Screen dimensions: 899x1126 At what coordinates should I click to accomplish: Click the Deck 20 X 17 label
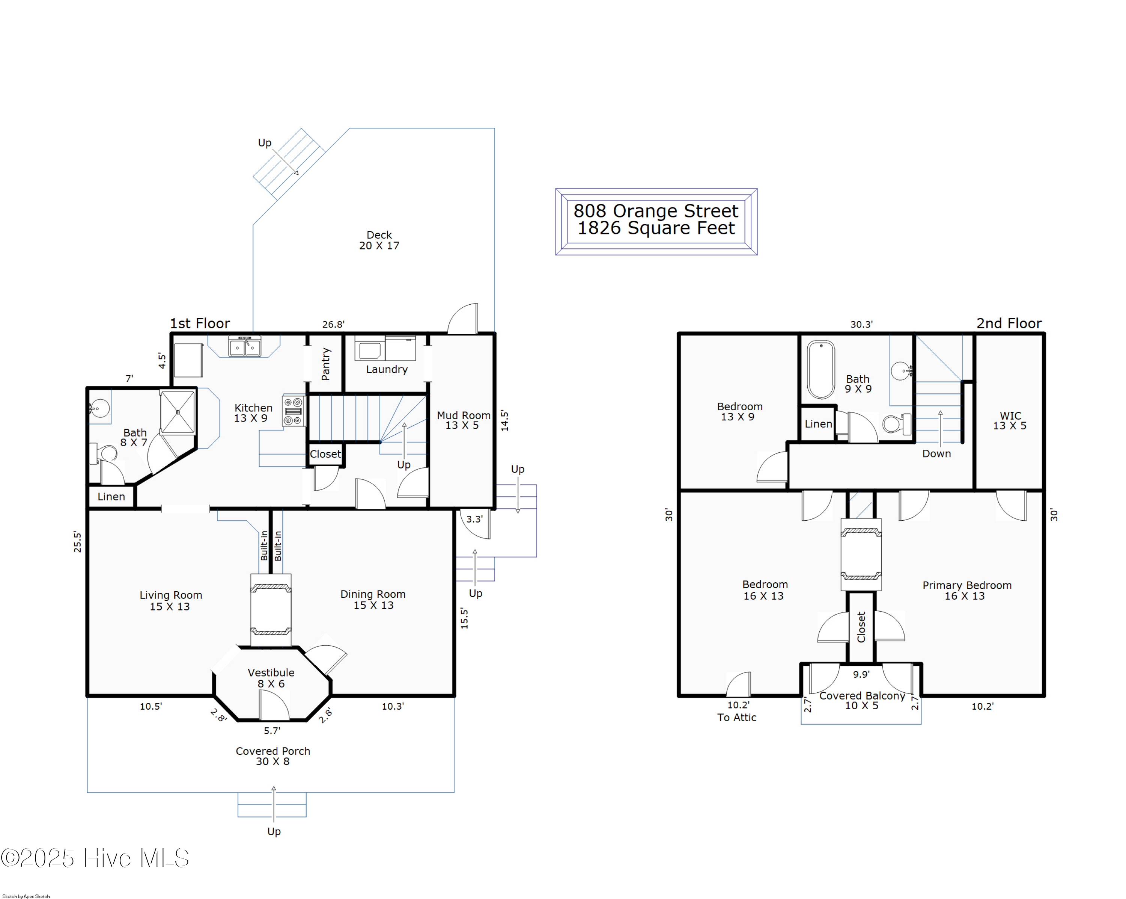[379, 240]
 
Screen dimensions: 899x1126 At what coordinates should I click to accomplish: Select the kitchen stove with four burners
[293, 410]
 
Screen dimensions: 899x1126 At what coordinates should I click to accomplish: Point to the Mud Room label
[463, 420]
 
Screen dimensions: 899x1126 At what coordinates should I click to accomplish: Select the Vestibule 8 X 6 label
[271, 678]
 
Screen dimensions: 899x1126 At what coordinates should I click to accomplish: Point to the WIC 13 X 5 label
[1010, 420]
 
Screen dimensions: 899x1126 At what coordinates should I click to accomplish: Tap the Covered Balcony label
[862, 700]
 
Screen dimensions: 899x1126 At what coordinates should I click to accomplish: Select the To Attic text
[736, 718]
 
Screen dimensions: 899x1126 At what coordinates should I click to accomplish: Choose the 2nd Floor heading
[1009, 323]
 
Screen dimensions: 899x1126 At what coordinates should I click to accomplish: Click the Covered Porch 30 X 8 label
[272, 756]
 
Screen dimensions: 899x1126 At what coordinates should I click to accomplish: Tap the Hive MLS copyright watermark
[95, 858]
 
